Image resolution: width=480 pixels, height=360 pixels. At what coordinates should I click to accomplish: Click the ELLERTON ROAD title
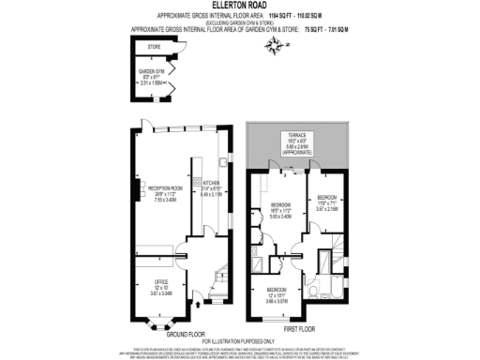pyautogui.click(x=239, y=8)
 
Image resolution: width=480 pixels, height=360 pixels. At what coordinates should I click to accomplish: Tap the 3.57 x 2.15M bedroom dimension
pyautogui.click(x=329, y=211)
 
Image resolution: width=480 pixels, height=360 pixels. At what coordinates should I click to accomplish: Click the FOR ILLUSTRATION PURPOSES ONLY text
pyautogui.click(x=241, y=339)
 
